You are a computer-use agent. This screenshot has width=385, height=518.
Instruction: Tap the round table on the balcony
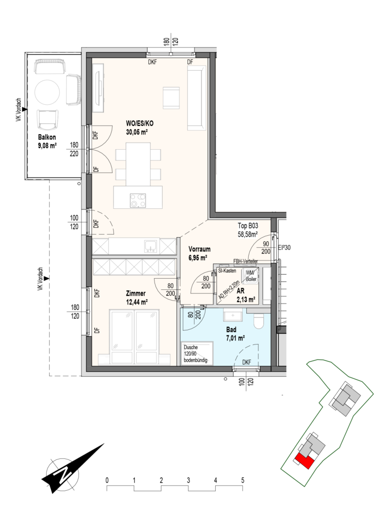[48, 93]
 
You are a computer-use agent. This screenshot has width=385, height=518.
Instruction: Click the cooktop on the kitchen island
[138, 200]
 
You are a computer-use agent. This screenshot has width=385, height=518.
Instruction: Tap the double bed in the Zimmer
[135, 336]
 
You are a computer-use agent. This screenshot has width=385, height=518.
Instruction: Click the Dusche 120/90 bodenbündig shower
[198, 354]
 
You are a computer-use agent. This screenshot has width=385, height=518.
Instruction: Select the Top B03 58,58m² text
[248, 230]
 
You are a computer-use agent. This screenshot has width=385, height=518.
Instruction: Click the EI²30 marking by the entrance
[284, 247]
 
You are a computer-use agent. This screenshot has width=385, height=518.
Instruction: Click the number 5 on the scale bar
[243, 480]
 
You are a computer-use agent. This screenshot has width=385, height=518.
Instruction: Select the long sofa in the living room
[198, 98]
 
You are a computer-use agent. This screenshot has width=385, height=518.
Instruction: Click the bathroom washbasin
[233, 315]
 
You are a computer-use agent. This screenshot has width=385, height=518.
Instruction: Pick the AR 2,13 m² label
[245, 296]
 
